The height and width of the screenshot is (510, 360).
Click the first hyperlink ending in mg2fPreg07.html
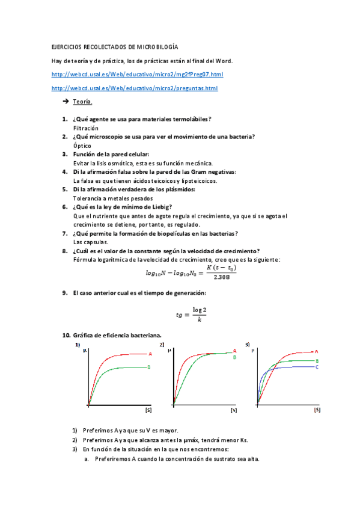point(138,75)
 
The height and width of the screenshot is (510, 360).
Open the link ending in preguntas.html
point(135,88)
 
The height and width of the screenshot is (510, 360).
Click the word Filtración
point(86,128)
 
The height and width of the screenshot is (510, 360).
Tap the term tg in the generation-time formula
point(179,314)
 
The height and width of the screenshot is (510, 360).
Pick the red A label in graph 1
point(150,354)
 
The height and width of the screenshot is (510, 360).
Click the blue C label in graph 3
point(317,366)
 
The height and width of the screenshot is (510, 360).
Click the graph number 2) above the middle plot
point(162,345)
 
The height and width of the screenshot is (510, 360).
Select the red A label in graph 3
point(316,351)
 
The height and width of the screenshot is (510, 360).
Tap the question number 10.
point(66,334)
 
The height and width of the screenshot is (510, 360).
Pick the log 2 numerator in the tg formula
point(199,310)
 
